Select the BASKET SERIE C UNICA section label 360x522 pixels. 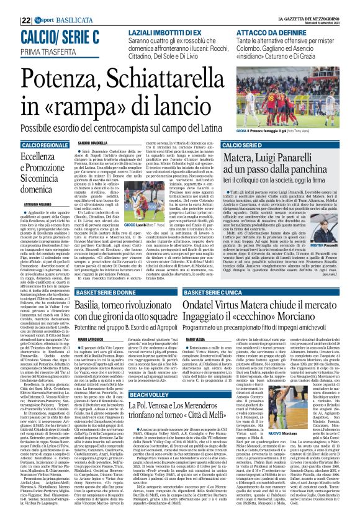click(x=249, y=274)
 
